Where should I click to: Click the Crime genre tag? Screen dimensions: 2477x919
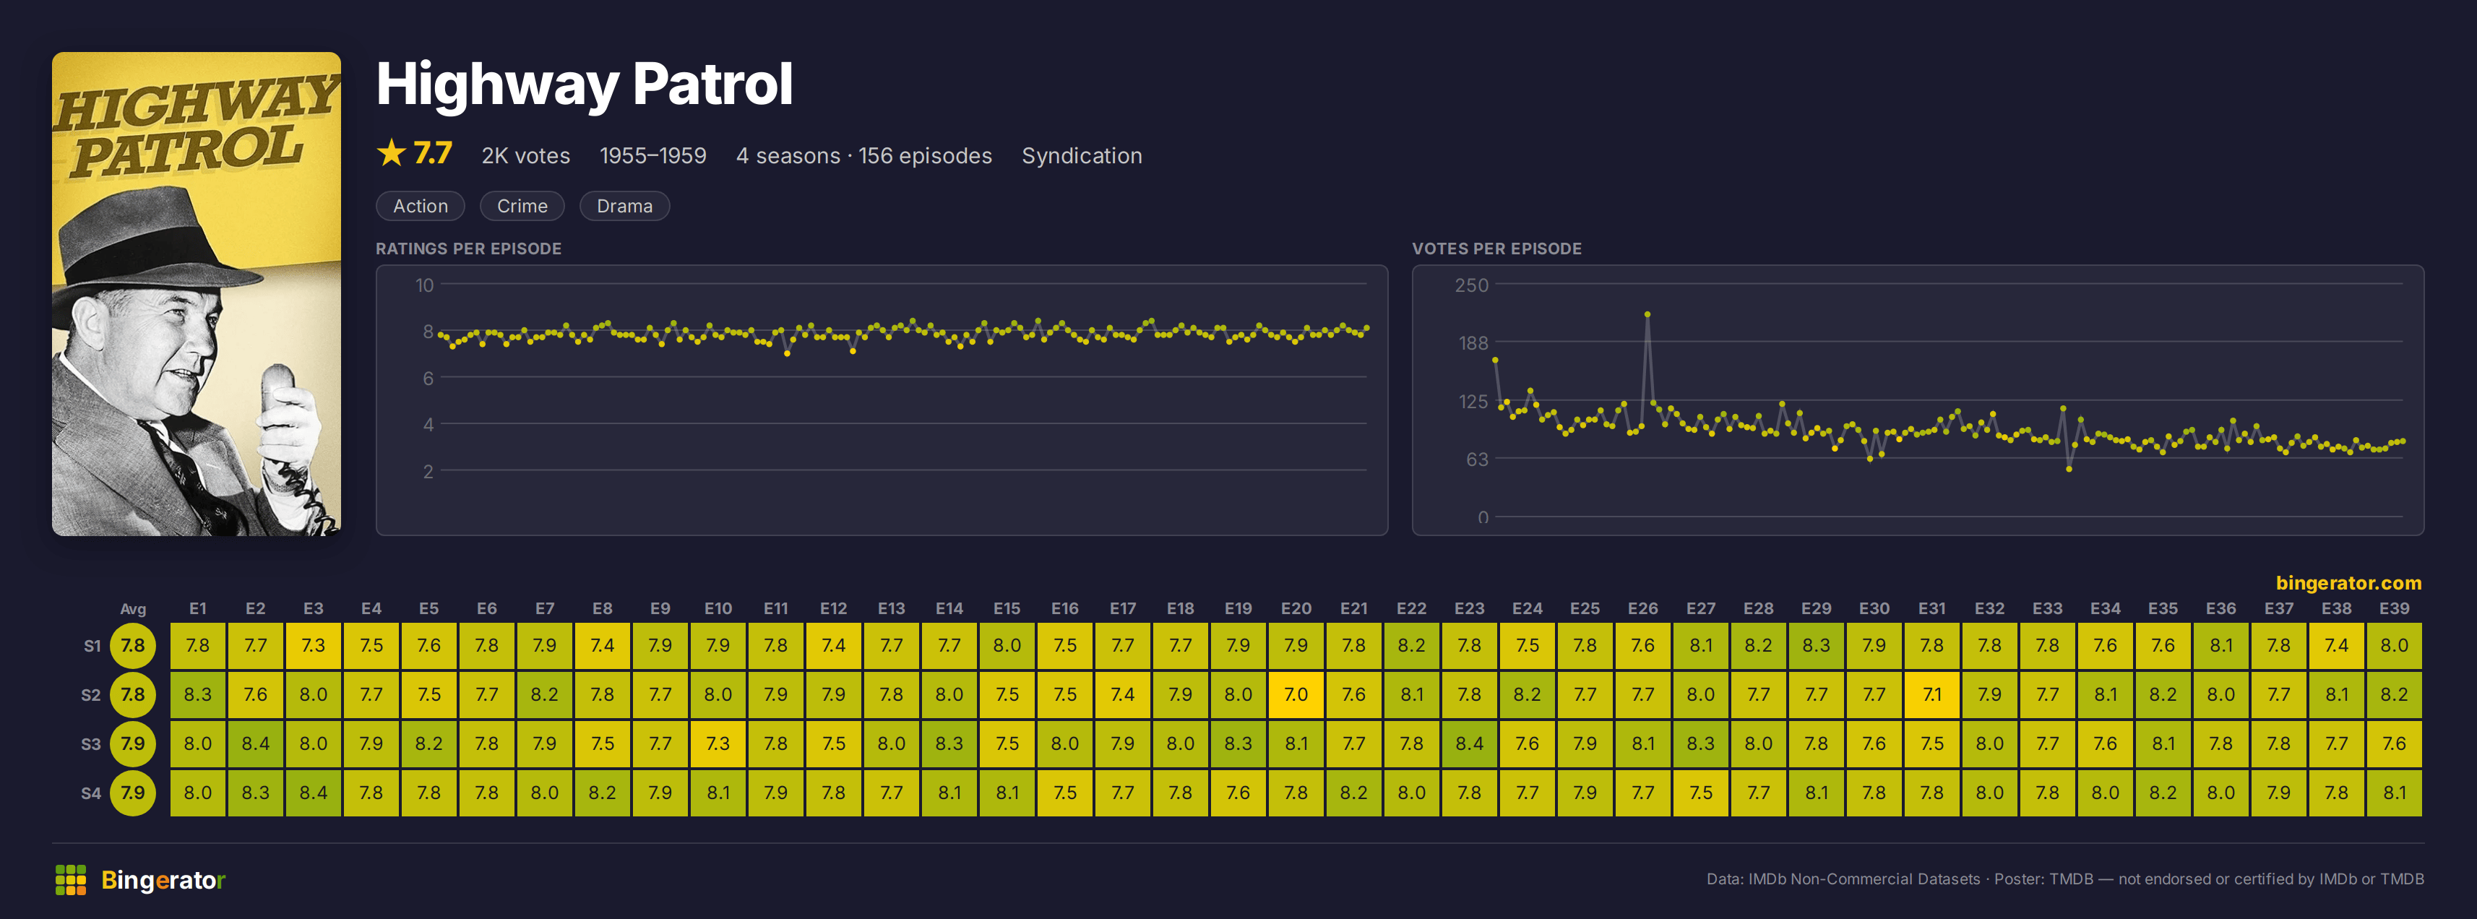point(522,206)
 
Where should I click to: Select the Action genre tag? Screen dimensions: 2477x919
point(421,206)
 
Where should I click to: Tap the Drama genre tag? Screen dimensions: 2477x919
point(624,206)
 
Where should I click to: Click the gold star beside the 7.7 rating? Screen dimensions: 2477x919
point(392,153)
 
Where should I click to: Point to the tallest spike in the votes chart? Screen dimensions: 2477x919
point(1647,314)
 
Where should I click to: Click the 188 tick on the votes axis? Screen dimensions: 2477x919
point(1473,343)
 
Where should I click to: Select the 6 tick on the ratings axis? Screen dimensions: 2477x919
point(428,378)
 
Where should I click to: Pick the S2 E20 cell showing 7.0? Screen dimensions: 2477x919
point(1296,694)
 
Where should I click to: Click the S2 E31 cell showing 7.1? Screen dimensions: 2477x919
point(1931,694)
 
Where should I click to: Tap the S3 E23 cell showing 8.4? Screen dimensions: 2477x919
point(1469,743)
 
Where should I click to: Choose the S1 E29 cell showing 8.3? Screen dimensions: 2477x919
point(1817,645)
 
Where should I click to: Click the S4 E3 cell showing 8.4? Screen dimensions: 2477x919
point(314,792)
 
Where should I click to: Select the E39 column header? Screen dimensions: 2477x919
point(2395,608)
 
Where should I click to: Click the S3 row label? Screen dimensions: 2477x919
point(90,744)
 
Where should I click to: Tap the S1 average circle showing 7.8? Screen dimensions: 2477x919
point(133,645)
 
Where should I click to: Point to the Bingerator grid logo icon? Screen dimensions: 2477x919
point(71,879)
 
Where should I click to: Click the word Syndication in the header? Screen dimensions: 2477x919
point(1082,156)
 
